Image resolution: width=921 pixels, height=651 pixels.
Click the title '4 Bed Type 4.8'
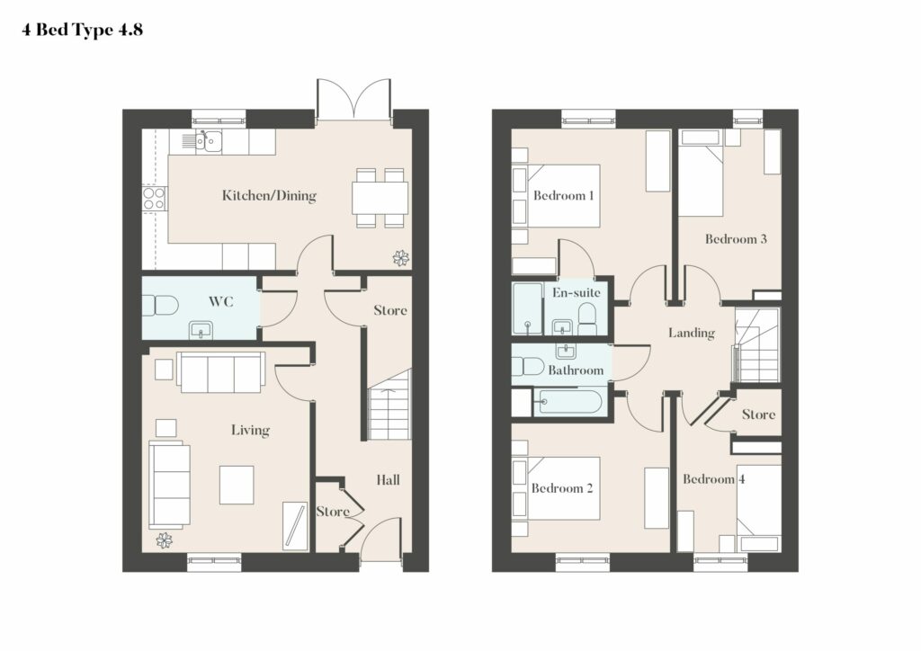coord(82,30)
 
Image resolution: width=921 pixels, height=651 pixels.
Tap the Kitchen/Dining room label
coord(269,195)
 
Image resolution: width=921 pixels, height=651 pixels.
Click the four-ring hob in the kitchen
coord(155,199)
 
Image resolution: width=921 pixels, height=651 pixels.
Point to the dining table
coord(380,198)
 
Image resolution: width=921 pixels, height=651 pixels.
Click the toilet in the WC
coord(160,306)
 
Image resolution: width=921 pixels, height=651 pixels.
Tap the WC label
coord(221,302)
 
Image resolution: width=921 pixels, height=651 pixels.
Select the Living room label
coord(250,431)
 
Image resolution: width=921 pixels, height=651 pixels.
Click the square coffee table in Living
coord(237,485)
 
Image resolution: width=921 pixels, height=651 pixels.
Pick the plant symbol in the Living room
coord(165,540)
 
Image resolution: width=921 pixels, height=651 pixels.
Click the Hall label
coord(388,480)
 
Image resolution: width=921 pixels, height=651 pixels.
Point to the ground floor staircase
coord(389,405)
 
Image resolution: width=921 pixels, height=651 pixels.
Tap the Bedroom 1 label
coord(563,195)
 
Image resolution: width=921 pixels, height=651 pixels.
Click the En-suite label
coord(577,292)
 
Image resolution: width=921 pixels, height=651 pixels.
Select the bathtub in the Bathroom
coord(569,402)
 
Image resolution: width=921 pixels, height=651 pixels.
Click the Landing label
coord(692,333)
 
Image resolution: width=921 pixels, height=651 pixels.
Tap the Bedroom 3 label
coord(736,239)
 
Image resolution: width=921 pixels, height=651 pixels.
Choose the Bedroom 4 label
coord(713,479)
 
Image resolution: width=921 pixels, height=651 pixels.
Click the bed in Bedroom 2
coord(563,488)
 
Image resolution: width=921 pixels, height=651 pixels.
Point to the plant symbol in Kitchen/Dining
coord(401,258)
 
